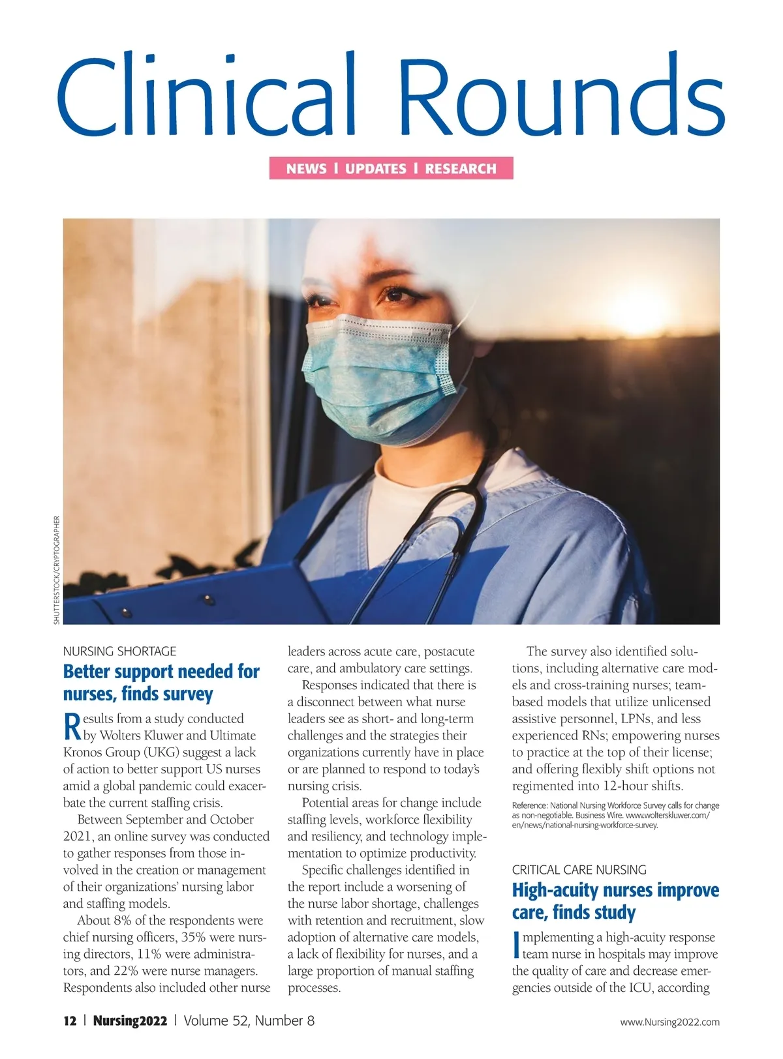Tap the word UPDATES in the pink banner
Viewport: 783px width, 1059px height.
click(376, 169)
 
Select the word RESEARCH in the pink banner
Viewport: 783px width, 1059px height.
click(461, 169)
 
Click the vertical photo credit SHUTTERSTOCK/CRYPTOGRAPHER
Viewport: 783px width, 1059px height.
click(57, 571)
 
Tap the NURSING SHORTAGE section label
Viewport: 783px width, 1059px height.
click(119, 651)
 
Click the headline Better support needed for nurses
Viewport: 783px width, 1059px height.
click(161, 682)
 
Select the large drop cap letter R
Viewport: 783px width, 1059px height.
click(72, 726)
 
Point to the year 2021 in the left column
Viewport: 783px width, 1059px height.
click(78, 837)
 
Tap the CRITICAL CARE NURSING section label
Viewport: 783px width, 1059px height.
click(579, 870)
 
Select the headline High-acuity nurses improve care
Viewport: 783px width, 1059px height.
click(615, 901)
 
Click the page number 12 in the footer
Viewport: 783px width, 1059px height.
click(70, 1021)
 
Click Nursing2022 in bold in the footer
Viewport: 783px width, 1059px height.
click(130, 1021)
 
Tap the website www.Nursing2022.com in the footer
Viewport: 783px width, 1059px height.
click(669, 1022)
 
